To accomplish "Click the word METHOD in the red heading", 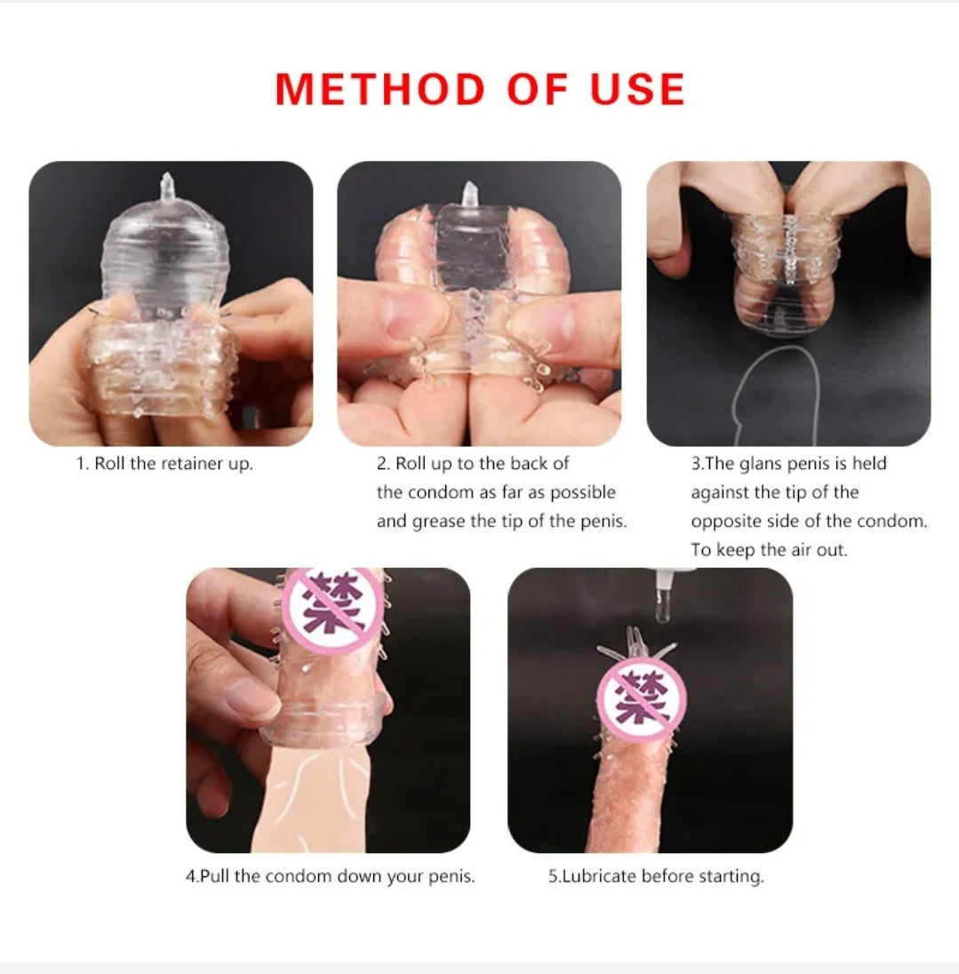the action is [x=380, y=90].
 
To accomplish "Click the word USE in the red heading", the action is [x=637, y=90].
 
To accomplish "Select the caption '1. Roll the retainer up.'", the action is [x=164, y=464].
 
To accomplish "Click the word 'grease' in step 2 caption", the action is [x=438, y=522].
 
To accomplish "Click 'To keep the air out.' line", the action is [x=769, y=550].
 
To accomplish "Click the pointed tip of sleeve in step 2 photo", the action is [x=469, y=187].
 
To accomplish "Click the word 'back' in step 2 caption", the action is [x=529, y=464].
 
